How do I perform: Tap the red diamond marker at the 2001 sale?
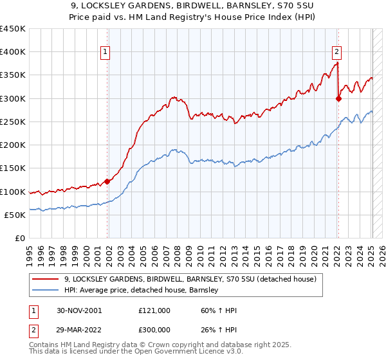click(107, 182)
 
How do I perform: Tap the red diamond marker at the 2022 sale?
click(339, 98)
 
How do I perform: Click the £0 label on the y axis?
click(19, 238)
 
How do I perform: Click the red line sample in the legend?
click(46, 280)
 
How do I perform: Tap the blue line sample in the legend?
click(46, 291)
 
